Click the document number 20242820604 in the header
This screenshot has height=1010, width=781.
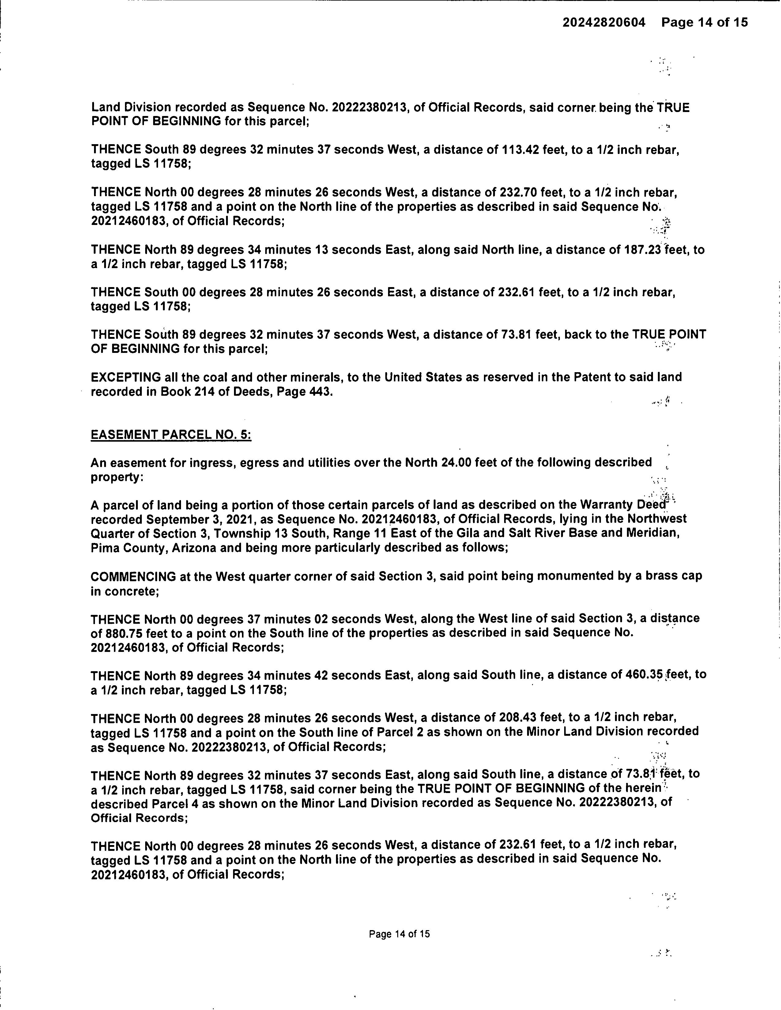pyautogui.click(x=603, y=22)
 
